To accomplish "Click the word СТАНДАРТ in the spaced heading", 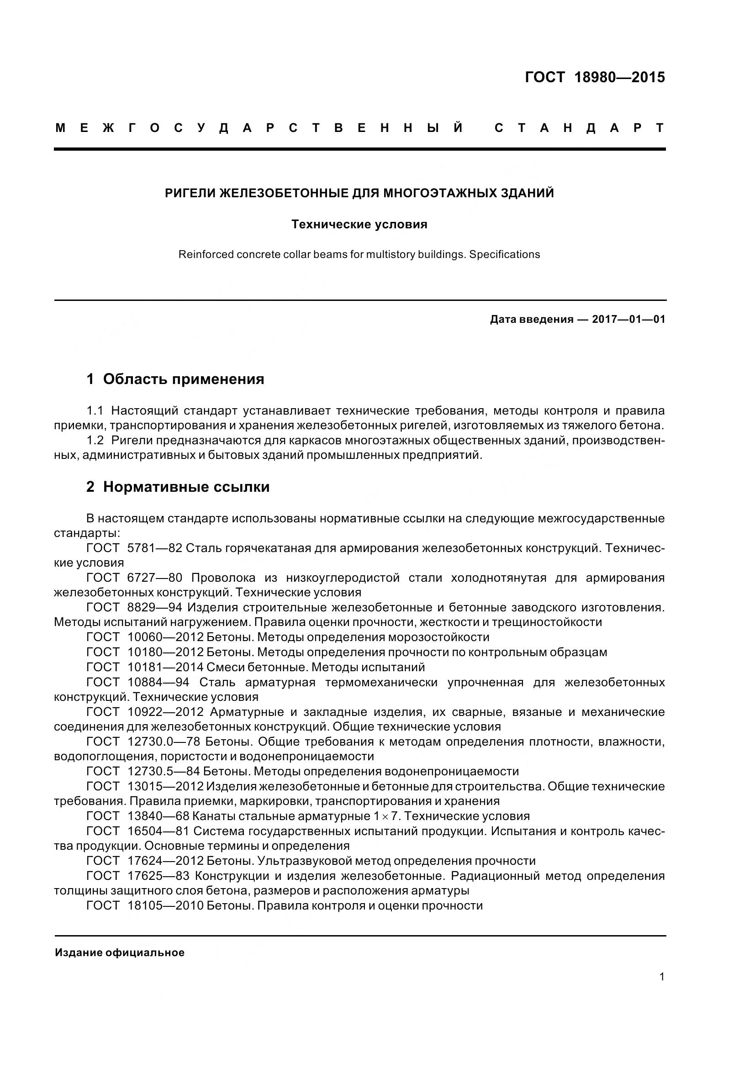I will click(x=579, y=128).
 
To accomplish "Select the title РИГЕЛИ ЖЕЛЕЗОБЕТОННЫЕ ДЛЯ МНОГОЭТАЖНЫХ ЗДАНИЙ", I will click(x=359, y=193).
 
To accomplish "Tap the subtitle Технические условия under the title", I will click(x=359, y=225).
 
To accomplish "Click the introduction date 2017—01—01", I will click(x=628, y=320).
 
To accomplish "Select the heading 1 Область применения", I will click(x=175, y=379).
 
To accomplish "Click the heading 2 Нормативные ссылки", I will click(x=178, y=487).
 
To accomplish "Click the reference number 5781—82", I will click(x=154, y=548).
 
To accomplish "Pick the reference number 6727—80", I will click(x=154, y=578).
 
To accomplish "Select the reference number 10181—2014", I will click(x=166, y=667).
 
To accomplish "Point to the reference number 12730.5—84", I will click(x=163, y=771).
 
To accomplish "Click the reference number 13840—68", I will click(x=158, y=816).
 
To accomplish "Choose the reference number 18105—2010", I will click(x=166, y=905).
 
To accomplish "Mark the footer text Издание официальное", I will click(x=120, y=952).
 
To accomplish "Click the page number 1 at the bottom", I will click(x=661, y=977).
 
